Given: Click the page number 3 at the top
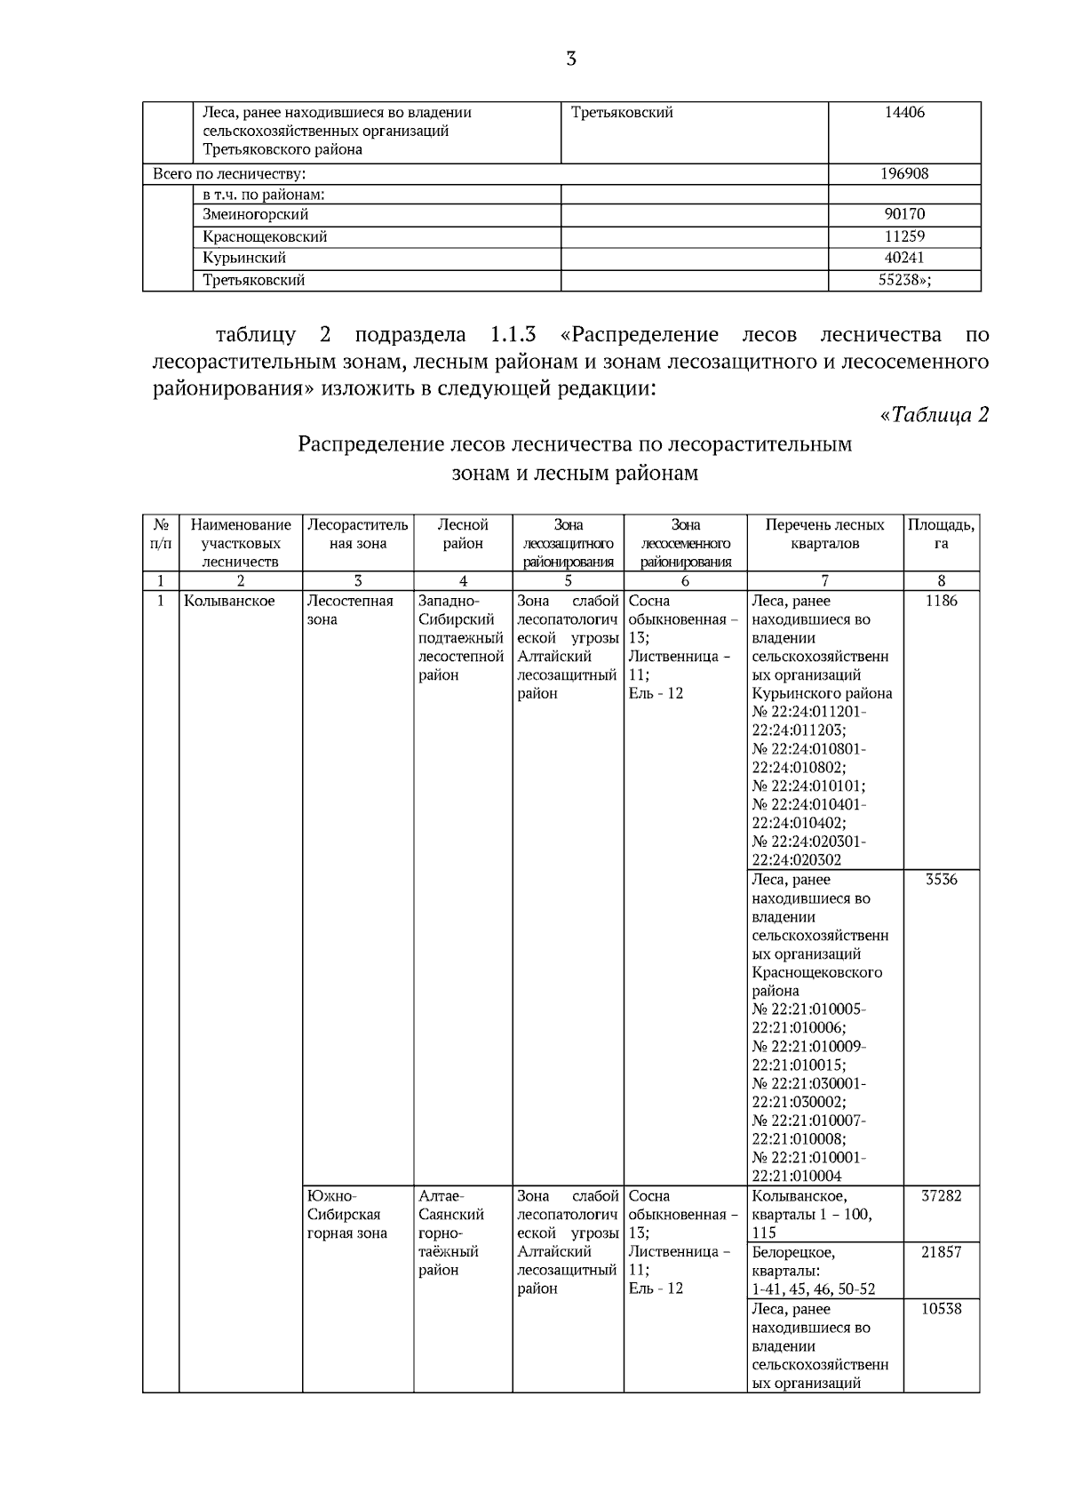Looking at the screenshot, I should (570, 60).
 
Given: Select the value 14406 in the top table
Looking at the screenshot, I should (904, 113).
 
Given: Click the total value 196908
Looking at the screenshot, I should (904, 174).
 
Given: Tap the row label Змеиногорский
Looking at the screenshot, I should (255, 214).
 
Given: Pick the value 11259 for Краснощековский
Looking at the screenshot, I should (904, 236).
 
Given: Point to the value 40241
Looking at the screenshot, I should (904, 258).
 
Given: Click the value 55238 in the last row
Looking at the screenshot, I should (904, 280).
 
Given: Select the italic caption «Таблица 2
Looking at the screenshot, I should (933, 415).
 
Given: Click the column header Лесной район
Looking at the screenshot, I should (463, 534).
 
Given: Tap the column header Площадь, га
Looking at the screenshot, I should (941, 534).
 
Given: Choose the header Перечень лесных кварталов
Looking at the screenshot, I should (824, 534).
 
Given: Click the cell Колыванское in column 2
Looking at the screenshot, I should (229, 601).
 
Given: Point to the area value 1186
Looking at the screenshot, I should (941, 601).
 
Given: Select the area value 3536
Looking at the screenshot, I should (941, 880).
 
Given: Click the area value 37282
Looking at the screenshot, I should (941, 1196).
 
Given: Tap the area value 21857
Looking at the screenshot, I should (941, 1252).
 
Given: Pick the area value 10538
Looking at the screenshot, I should (941, 1309).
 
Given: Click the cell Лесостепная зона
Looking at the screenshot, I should (349, 610).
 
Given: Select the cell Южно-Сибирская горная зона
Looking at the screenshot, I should (346, 1215).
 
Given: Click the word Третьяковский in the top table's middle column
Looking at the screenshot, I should (622, 113).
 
